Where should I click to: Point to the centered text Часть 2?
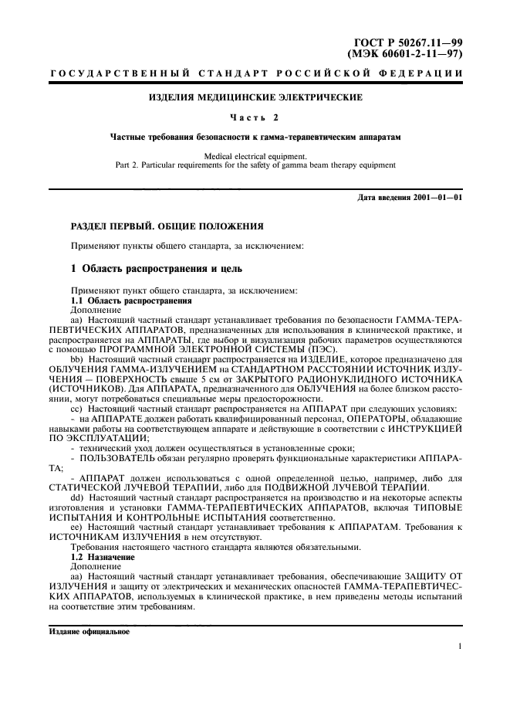pyautogui.click(x=255, y=117)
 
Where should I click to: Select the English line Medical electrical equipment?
pyautogui.click(x=255, y=156)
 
